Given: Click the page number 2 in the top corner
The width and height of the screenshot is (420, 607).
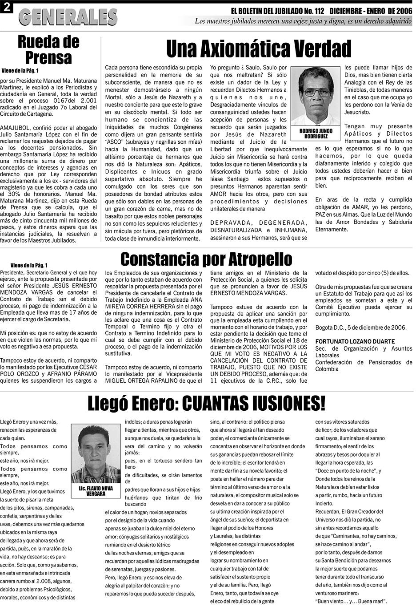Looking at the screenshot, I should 7,8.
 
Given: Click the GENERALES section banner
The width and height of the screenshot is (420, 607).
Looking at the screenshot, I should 68,17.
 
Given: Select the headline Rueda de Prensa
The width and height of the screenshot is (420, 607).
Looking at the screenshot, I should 48,50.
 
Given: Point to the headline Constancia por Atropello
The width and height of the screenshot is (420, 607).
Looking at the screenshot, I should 206,259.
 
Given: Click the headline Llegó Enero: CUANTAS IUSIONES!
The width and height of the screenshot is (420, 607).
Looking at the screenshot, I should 206,403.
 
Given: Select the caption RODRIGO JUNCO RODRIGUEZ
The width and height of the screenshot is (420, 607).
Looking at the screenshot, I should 316,134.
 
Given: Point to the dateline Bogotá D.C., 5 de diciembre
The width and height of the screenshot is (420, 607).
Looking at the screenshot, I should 360,328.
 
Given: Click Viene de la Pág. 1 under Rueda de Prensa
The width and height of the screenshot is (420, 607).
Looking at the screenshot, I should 20,70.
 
